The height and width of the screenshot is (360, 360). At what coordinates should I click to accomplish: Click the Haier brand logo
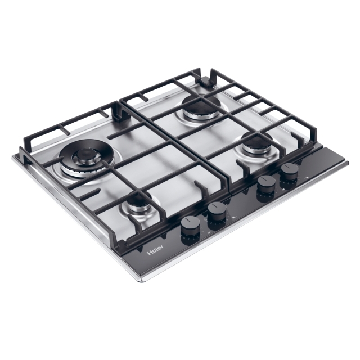[x=156, y=250]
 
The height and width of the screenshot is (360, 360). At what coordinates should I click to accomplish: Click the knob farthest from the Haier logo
[x=290, y=173]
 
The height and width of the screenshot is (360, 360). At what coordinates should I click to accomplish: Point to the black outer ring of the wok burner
[x=85, y=150]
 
